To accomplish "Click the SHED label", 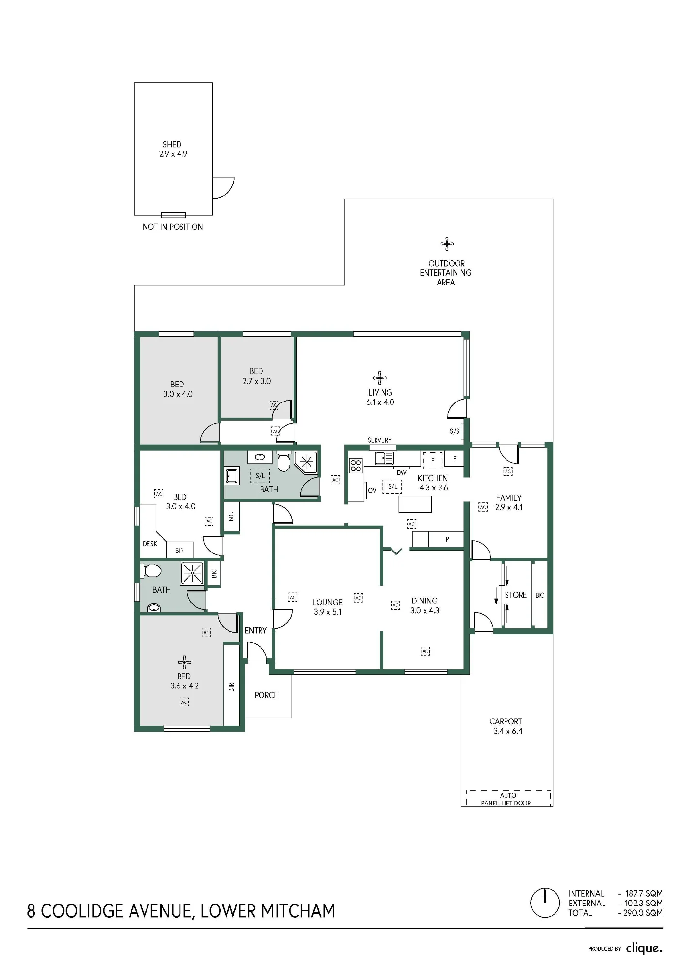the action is [172, 144].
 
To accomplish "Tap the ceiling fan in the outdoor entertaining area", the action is [447, 244].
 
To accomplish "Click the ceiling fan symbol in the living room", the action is [380, 378].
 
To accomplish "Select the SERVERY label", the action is [379, 440].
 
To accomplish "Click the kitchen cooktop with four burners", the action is [356, 466].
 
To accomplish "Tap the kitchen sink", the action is [384, 458].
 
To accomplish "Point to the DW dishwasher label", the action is [402, 473].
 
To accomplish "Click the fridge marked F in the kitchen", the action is [433, 460].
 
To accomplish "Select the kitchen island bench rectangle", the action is [415, 504].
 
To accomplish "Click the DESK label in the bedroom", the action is [150, 544].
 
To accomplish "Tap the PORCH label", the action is [267, 695].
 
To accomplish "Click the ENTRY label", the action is [256, 630].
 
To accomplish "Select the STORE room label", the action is [516, 595].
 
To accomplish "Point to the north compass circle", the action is [545, 903].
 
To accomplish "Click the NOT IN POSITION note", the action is [173, 227].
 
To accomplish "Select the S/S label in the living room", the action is [455, 431].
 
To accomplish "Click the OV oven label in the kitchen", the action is [372, 490].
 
